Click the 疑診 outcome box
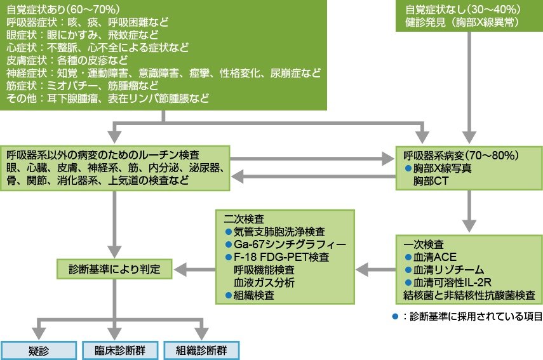[x=37, y=350]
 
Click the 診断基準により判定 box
[x=114, y=269]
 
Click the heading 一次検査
[x=419, y=244]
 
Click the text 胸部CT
[x=431, y=182]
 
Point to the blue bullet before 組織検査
[x=229, y=295]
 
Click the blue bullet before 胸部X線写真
[x=408, y=168]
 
